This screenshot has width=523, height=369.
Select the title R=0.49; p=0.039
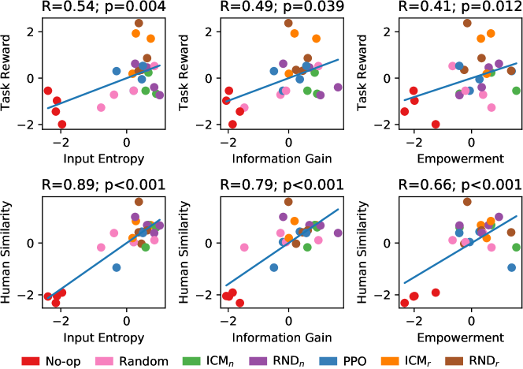click(288, 9)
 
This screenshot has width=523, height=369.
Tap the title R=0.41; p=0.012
click(467, 9)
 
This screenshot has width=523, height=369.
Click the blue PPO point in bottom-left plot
click(117, 267)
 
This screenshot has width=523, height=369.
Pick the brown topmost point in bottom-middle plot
click(288, 202)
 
